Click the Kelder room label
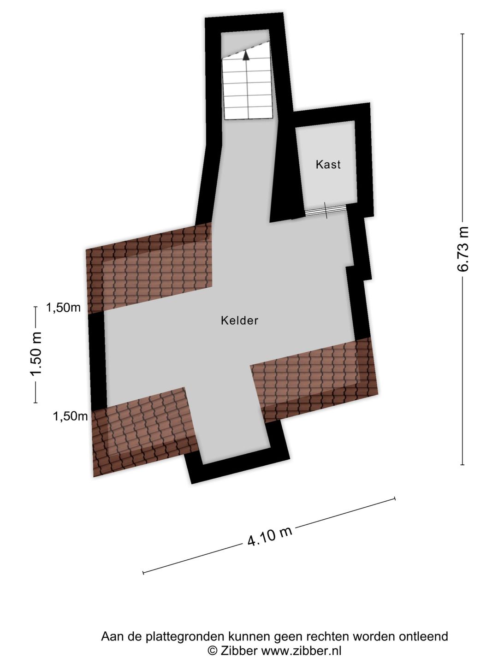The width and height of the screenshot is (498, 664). tap(239, 320)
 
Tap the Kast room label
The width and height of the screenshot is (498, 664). tap(328, 164)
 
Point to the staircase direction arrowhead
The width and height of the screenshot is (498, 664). tap(246, 55)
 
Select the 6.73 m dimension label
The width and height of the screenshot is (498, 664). tap(463, 249)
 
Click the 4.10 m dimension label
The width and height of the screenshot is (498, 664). tap(270, 536)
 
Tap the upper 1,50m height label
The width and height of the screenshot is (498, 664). tap(63, 308)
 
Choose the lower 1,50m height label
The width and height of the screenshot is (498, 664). tap(70, 416)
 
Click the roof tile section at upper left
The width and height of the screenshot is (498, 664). tap(149, 268)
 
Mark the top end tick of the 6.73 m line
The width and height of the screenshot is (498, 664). tap(462, 34)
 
